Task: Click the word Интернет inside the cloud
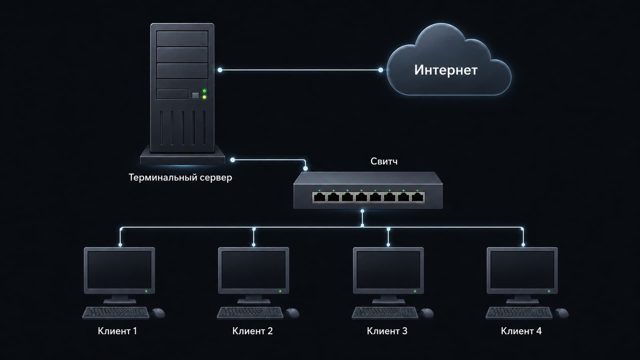pos(446,70)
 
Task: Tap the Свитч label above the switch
pos(384,161)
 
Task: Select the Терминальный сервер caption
pos(180,177)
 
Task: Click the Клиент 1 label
pos(117,331)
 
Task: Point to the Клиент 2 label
pos(252,331)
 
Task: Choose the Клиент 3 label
pos(387,331)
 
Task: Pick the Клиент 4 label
pos(521,331)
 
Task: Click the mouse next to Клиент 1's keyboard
pos(159,313)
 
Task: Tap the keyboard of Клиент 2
pos(250,313)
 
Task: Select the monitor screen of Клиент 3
pos(388,270)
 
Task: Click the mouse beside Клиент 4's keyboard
pos(562,313)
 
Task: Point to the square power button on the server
pos(196,96)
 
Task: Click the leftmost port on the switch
pos(319,197)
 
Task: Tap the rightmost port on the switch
pos(418,197)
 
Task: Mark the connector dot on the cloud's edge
pos(381,70)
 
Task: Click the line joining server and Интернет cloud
pos(300,70)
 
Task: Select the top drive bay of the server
pos(182,39)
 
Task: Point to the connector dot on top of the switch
pos(305,169)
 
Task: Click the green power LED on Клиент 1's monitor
pos(146,291)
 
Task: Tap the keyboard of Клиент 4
pos(519,313)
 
